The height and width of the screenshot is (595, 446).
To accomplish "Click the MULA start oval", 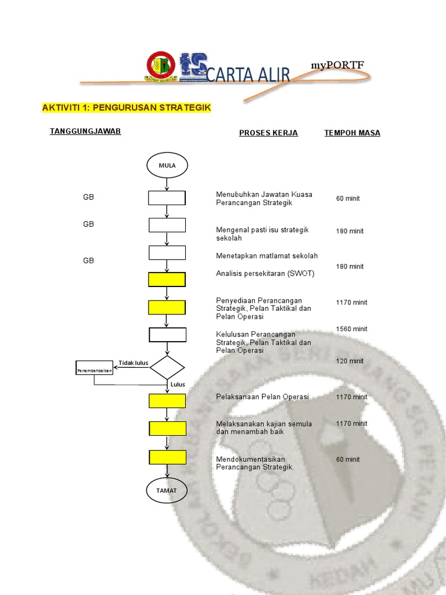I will [x=167, y=165].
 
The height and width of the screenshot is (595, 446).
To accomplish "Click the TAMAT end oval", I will [x=167, y=490].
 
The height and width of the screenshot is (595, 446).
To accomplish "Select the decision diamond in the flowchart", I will [x=167, y=367].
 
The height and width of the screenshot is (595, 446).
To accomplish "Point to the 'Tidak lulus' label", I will [x=134, y=363].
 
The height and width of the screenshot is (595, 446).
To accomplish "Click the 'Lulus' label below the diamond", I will [x=177, y=385].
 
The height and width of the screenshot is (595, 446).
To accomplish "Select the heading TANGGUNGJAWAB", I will [x=85, y=131].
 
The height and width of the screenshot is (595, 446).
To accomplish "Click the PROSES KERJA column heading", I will [x=268, y=133].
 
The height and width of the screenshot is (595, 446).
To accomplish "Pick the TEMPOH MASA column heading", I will [x=352, y=133].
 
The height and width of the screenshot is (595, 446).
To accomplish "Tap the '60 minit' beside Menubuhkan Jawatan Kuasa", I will [x=347, y=199].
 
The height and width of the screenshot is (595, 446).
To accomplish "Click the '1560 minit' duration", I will [x=351, y=329].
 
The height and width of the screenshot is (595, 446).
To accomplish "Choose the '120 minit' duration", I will [x=350, y=361].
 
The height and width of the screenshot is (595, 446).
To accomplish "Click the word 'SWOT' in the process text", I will [x=301, y=273].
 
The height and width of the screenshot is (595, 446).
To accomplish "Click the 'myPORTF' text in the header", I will [x=337, y=65].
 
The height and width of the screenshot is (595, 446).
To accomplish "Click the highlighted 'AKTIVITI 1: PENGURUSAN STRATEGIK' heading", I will [x=126, y=108].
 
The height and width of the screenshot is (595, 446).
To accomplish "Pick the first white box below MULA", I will [x=167, y=198].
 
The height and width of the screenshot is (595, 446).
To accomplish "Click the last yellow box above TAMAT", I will [x=167, y=457].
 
